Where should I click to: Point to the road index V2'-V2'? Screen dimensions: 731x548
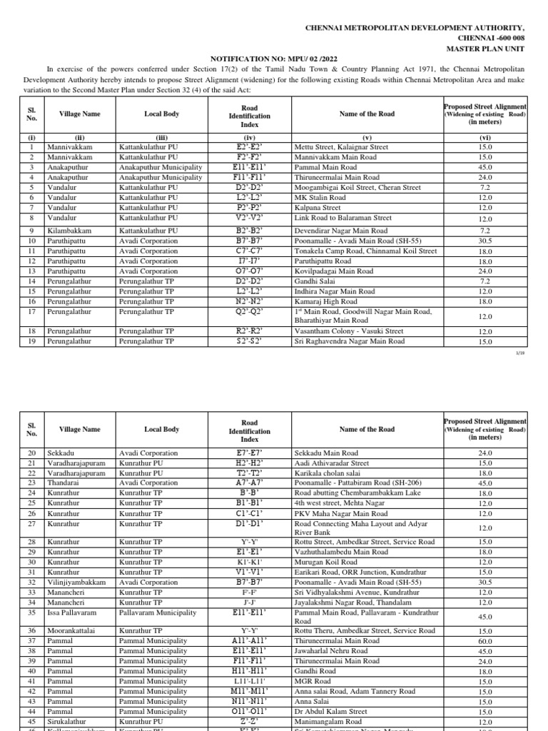pyautogui.click(x=249, y=217)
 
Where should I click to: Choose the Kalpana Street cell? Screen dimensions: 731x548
pyautogui.click(x=318, y=207)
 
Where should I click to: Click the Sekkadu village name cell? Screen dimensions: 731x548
pyautogui.click(x=60, y=453)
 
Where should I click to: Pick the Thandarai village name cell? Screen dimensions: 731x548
pyautogui.click(x=64, y=483)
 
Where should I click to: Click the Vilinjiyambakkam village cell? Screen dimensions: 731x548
pyautogui.click(x=76, y=582)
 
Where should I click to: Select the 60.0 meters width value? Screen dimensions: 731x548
pyautogui.click(x=484, y=641)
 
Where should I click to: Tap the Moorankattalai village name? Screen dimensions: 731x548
pyautogui.click(x=71, y=631)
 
